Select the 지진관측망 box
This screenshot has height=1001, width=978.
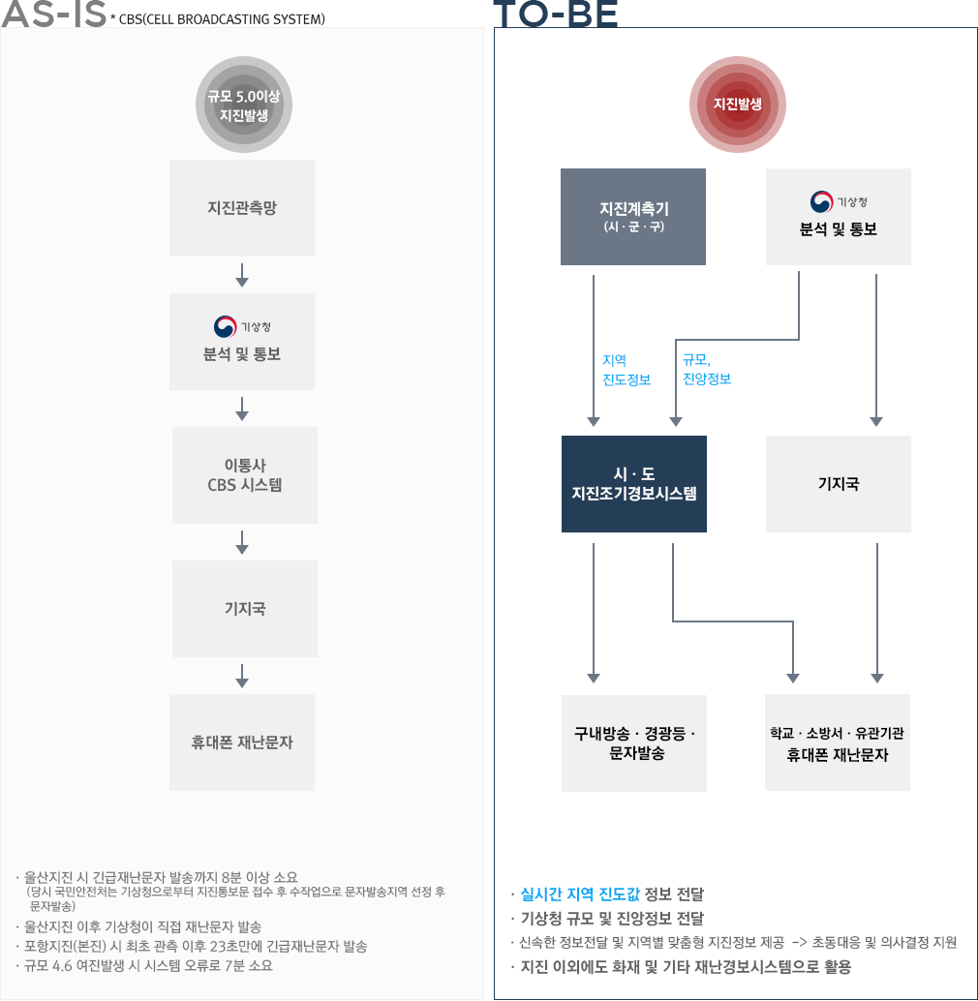242,208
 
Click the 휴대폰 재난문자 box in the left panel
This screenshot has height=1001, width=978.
242,743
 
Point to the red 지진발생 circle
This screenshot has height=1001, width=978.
737,105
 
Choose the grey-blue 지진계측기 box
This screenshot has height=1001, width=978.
633,217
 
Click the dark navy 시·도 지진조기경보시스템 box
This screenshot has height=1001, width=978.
634,484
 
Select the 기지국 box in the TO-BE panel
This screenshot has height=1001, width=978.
839,484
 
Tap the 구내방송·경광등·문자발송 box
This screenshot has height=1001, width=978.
634,743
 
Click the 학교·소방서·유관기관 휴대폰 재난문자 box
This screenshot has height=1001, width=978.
838,743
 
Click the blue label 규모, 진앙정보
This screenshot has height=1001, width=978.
706,370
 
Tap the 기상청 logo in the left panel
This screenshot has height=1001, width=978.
226,326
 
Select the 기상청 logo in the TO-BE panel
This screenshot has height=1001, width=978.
822,201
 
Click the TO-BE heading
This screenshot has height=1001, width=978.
555,15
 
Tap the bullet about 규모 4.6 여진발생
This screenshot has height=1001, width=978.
149,965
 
